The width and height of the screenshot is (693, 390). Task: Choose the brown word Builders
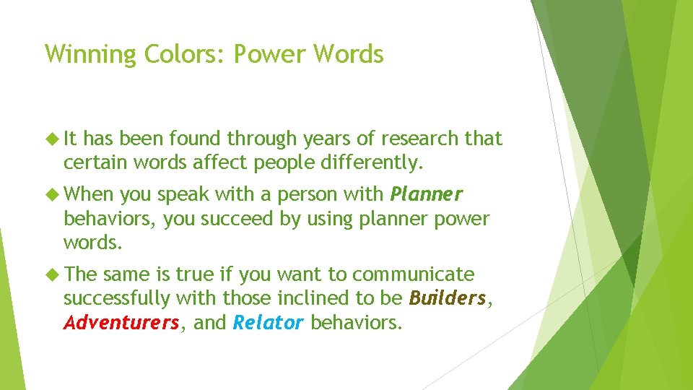tap(447, 298)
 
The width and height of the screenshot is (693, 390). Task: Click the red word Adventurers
tap(121, 322)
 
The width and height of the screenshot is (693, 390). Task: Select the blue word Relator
tap(268, 322)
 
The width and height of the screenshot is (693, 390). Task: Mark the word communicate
tap(414, 275)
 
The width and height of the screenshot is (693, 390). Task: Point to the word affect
tap(219, 163)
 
